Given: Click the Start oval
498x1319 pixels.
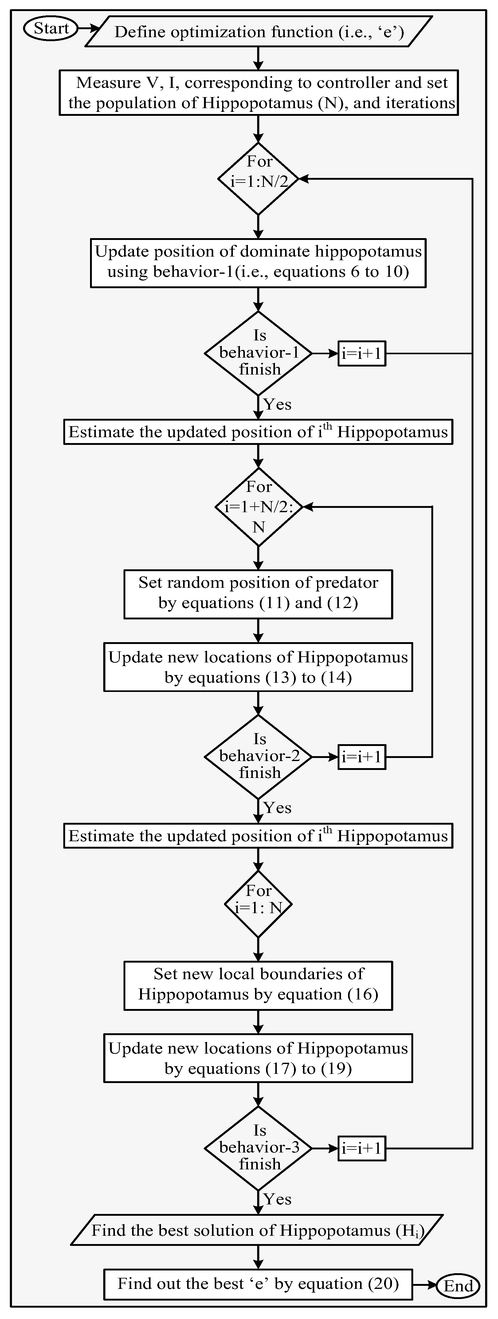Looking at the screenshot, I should [x=50, y=28].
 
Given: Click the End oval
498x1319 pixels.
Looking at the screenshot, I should [x=458, y=1286].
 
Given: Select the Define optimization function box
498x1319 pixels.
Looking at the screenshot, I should [x=258, y=32].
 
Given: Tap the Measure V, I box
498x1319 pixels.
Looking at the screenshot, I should [x=258, y=93].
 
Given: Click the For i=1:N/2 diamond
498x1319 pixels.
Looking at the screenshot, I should [x=258, y=179].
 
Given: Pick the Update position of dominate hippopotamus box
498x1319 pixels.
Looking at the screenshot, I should [x=258, y=262].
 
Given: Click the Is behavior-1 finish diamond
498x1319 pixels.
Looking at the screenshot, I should [x=258, y=353].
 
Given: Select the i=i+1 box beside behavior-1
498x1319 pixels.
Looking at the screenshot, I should [x=361, y=353].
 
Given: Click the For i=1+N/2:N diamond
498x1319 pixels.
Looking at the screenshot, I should [x=258, y=507].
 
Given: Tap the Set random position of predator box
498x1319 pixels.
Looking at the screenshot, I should [x=258, y=594].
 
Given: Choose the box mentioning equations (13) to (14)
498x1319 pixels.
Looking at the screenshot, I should [x=258, y=667].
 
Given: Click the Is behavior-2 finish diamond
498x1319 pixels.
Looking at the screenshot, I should [x=258, y=756].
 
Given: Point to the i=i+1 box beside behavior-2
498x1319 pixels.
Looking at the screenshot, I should [x=361, y=757].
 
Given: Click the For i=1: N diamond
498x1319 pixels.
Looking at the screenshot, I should [x=258, y=905].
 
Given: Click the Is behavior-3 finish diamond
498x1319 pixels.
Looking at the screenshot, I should [x=258, y=1148].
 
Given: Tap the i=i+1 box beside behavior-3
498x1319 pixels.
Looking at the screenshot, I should [x=361, y=1148].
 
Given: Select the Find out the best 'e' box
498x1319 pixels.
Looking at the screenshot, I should [x=258, y=1284].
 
